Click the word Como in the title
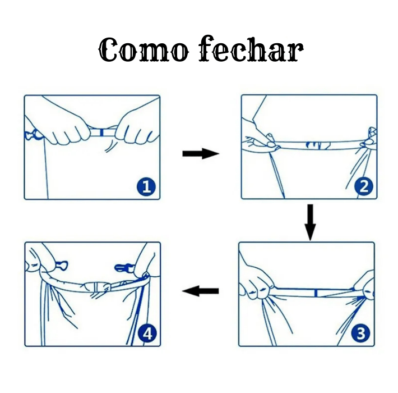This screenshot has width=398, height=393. click(144, 50)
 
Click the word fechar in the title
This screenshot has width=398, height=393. click(251, 49)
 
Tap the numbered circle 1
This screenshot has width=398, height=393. click(146, 187)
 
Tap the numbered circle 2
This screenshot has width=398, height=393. click(364, 186)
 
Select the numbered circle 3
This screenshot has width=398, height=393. click(361, 333)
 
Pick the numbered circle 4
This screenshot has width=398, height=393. click(147, 333)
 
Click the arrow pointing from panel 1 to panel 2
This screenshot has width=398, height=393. click(201, 153)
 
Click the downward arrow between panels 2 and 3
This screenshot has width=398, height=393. click(310, 222)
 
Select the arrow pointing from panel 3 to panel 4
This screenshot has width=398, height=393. click(201, 291)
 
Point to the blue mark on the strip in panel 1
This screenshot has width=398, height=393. click(101, 132)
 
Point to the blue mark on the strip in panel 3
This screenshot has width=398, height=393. click(316, 293)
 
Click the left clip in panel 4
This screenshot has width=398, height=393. click(61, 266)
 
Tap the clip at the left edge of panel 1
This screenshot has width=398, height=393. click(33, 135)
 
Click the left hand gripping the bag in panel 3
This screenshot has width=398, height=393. click(256, 282)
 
